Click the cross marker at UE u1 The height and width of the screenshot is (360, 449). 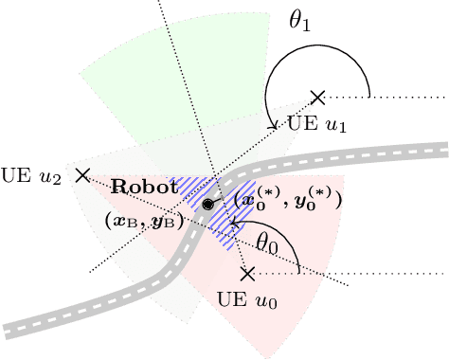click(318, 97)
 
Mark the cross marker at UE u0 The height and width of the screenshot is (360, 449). click(247, 274)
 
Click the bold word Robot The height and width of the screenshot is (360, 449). click(144, 188)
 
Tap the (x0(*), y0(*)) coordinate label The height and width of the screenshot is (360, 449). click(281, 200)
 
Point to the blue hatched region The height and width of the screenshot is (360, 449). click(229, 227)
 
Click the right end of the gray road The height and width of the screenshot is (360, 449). click(443, 149)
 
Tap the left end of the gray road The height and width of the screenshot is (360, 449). click(8, 332)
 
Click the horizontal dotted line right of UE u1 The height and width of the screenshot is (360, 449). click(398, 97)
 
